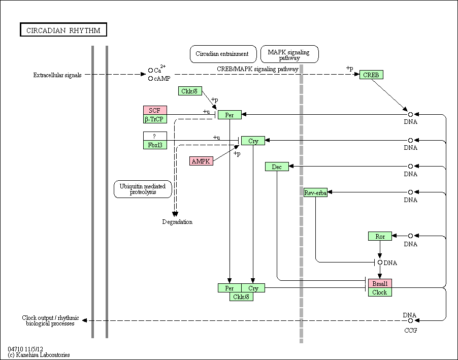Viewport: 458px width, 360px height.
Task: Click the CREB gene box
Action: click(371, 75)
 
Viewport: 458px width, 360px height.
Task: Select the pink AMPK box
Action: click(201, 161)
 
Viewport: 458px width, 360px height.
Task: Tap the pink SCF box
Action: click(155, 111)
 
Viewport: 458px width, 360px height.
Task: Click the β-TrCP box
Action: click(155, 119)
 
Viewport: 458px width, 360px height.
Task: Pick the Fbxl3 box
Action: click(155, 145)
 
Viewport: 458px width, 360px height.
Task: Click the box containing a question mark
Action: click(155, 136)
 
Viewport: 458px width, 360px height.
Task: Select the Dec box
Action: click(277, 167)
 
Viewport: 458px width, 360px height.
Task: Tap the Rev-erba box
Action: click(315, 192)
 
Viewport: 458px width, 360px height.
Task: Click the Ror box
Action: click(380, 236)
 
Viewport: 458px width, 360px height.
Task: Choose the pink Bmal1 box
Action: click(380, 283)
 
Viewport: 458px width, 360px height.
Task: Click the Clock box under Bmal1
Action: click(380, 292)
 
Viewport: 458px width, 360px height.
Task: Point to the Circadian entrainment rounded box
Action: click(223, 54)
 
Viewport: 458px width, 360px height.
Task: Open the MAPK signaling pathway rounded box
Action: click(289, 54)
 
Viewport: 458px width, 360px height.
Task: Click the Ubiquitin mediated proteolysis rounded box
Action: click(143, 189)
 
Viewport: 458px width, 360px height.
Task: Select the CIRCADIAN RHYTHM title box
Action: click(63, 29)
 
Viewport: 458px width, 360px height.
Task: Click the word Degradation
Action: click(177, 222)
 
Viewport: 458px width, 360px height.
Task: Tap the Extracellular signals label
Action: click(57, 75)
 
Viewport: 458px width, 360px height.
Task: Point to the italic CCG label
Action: click(410, 330)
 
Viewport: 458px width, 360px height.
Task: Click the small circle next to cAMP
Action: click(150, 78)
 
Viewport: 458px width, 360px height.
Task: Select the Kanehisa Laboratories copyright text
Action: click(39, 355)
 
